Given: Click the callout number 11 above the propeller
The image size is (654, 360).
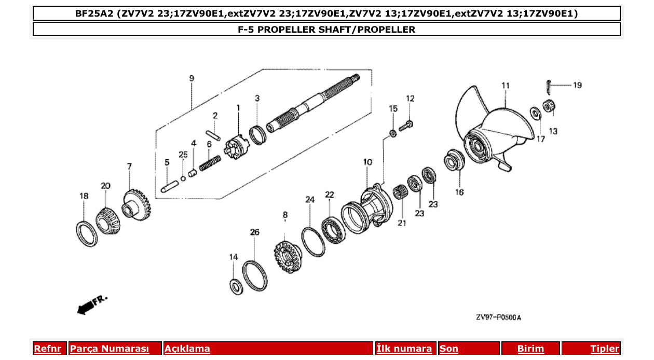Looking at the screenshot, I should pyautogui.click(x=506, y=86).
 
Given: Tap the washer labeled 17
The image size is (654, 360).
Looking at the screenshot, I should pyautogui.click(x=534, y=113).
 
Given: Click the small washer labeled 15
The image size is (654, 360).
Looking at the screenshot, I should pyautogui.click(x=393, y=134).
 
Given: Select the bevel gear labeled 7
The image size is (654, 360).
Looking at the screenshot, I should pyautogui.click(x=137, y=205).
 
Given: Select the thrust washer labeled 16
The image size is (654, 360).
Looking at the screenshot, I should pyautogui.click(x=454, y=160).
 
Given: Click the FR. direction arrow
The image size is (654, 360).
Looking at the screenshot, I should pyautogui.click(x=91, y=304).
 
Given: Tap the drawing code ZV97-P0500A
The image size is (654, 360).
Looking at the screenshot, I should pyautogui.click(x=498, y=317).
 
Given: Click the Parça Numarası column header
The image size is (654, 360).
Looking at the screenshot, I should pyautogui.click(x=110, y=349).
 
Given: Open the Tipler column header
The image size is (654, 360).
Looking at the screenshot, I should pyautogui.click(x=604, y=349).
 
